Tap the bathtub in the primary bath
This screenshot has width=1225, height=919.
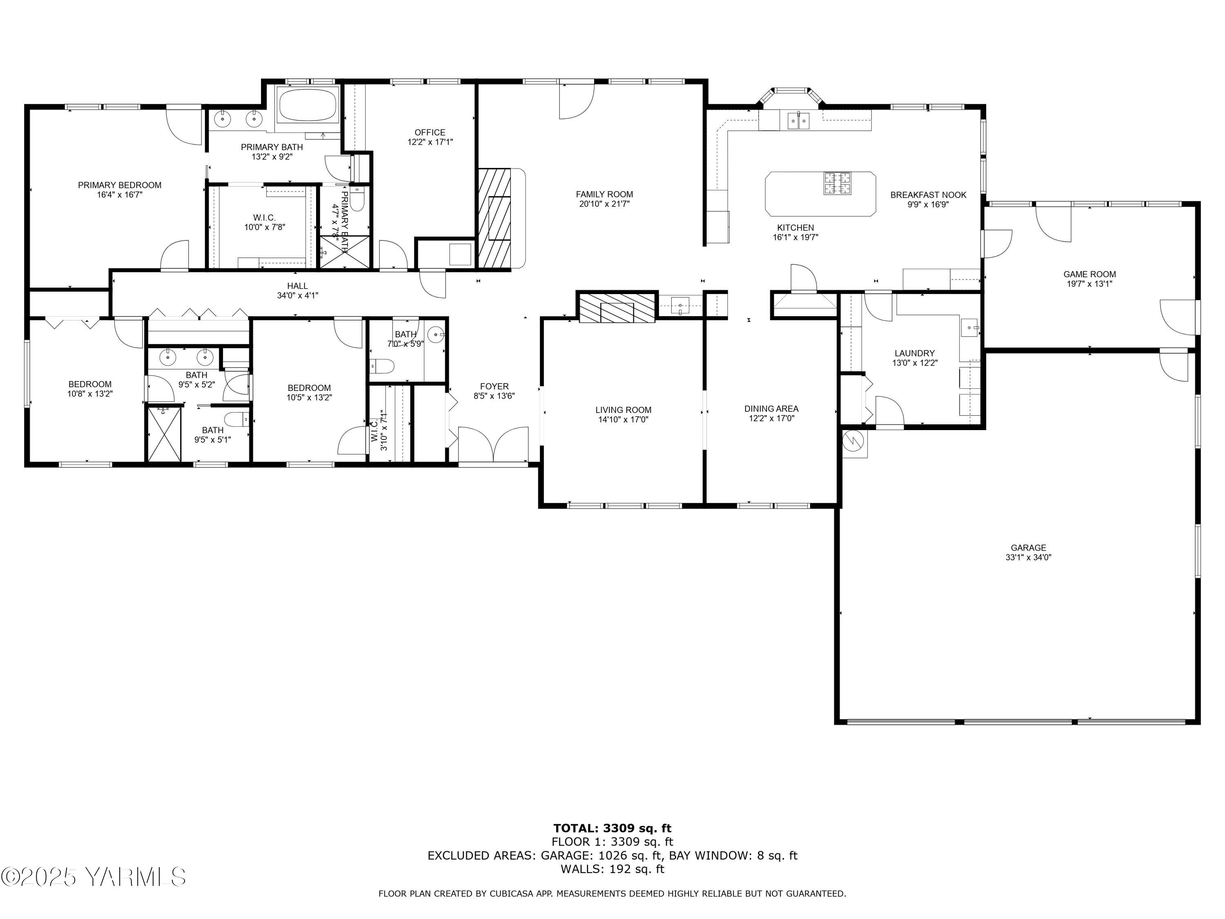(307, 105)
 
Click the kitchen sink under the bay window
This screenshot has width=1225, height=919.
(798, 120)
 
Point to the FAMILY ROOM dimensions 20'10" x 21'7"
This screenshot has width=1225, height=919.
(604, 204)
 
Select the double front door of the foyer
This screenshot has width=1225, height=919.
(493, 444)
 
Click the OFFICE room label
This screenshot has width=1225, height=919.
(430, 132)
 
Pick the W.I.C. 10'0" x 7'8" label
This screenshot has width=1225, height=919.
(265, 222)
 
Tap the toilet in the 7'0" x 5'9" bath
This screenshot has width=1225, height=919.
(383, 366)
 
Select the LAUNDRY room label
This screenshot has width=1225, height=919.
(914, 353)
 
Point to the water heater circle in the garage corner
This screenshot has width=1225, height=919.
(853, 441)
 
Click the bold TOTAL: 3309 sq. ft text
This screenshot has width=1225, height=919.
(612, 828)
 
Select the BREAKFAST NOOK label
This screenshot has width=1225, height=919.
(928, 195)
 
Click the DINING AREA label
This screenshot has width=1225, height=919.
(771, 409)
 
